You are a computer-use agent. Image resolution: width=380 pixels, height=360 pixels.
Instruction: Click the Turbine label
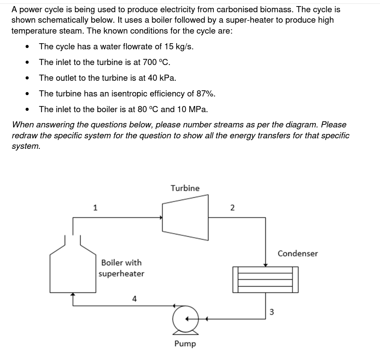[x=185, y=188]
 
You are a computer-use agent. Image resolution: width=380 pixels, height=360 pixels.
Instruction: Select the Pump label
[x=185, y=343]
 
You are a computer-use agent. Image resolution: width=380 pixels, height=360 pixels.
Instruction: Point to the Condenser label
[x=298, y=253]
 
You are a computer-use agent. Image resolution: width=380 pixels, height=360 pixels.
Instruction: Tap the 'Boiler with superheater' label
[x=121, y=268]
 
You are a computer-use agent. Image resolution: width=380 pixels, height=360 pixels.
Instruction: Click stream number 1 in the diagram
[x=95, y=207]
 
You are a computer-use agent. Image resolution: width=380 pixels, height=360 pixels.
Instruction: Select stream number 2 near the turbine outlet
[x=232, y=208]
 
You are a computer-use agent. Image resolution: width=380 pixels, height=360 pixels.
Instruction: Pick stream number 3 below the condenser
[x=271, y=312]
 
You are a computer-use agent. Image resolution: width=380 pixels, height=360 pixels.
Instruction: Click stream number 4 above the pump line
[x=134, y=298]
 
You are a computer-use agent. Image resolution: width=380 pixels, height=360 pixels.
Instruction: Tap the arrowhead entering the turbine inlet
[x=160, y=217]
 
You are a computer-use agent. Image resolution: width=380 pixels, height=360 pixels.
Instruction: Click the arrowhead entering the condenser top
[x=265, y=264]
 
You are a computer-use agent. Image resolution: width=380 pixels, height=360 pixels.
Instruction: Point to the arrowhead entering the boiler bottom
[x=73, y=295]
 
